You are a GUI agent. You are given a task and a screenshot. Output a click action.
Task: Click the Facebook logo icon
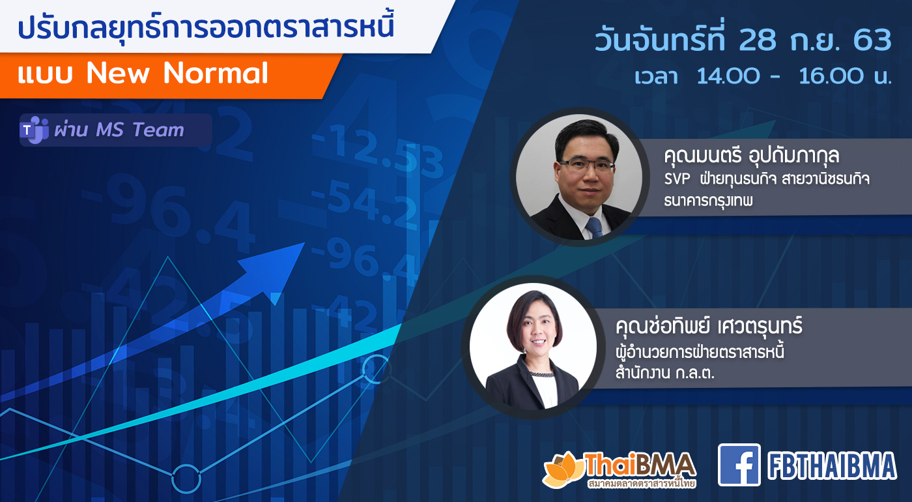[x=739, y=464]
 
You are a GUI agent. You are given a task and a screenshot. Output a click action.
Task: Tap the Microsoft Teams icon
[x=34, y=130]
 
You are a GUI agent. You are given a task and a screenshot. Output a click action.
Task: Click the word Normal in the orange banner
[x=216, y=73]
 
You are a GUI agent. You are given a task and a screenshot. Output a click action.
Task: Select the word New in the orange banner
[x=118, y=73]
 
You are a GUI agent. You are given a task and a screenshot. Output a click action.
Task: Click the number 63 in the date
[x=872, y=40]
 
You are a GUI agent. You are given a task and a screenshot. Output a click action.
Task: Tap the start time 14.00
[x=728, y=76]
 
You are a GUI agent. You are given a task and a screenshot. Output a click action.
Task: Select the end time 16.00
[x=830, y=76]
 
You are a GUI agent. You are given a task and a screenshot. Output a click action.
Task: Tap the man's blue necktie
[x=594, y=227]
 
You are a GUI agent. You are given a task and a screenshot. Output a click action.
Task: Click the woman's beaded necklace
[x=541, y=373]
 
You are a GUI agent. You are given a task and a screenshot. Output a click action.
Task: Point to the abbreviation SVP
[x=677, y=179]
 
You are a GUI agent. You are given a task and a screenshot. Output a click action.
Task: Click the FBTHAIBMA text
[x=832, y=465]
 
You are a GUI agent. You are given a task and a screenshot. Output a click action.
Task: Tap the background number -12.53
[x=378, y=151]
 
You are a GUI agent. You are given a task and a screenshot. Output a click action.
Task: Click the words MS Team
[x=140, y=130]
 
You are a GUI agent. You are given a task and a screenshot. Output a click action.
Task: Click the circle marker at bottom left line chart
[x=186, y=479]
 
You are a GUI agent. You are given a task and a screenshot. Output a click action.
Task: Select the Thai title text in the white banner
[x=206, y=27]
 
